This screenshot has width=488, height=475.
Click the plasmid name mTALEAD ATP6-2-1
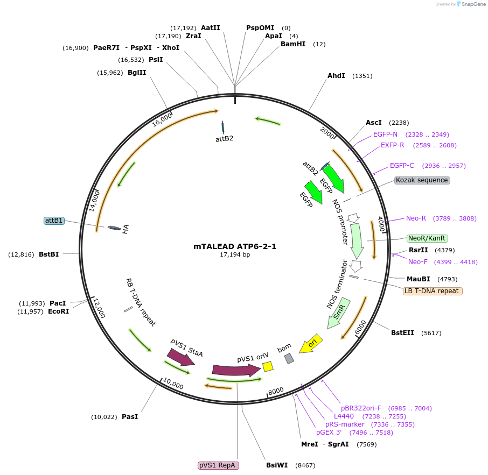click(x=235, y=246)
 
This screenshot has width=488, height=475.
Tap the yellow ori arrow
click(x=311, y=343)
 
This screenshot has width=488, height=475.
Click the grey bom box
click(x=289, y=358)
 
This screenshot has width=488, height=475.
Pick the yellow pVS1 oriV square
click(x=268, y=366)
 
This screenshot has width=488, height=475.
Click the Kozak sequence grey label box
click(x=422, y=180)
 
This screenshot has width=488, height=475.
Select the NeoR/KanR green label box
click(x=427, y=238)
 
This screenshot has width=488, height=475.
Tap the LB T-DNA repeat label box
click(x=433, y=291)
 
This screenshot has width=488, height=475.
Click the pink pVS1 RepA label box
click(x=218, y=465)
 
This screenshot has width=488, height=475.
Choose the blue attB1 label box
click(x=54, y=221)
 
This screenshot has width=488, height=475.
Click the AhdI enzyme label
click(x=336, y=76)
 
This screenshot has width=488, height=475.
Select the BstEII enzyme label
click(x=402, y=333)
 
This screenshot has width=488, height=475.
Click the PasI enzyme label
click(x=130, y=417)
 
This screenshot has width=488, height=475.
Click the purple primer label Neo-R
click(x=416, y=218)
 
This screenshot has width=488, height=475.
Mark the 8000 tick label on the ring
click(x=276, y=391)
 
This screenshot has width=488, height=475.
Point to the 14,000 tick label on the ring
click(x=94, y=200)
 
